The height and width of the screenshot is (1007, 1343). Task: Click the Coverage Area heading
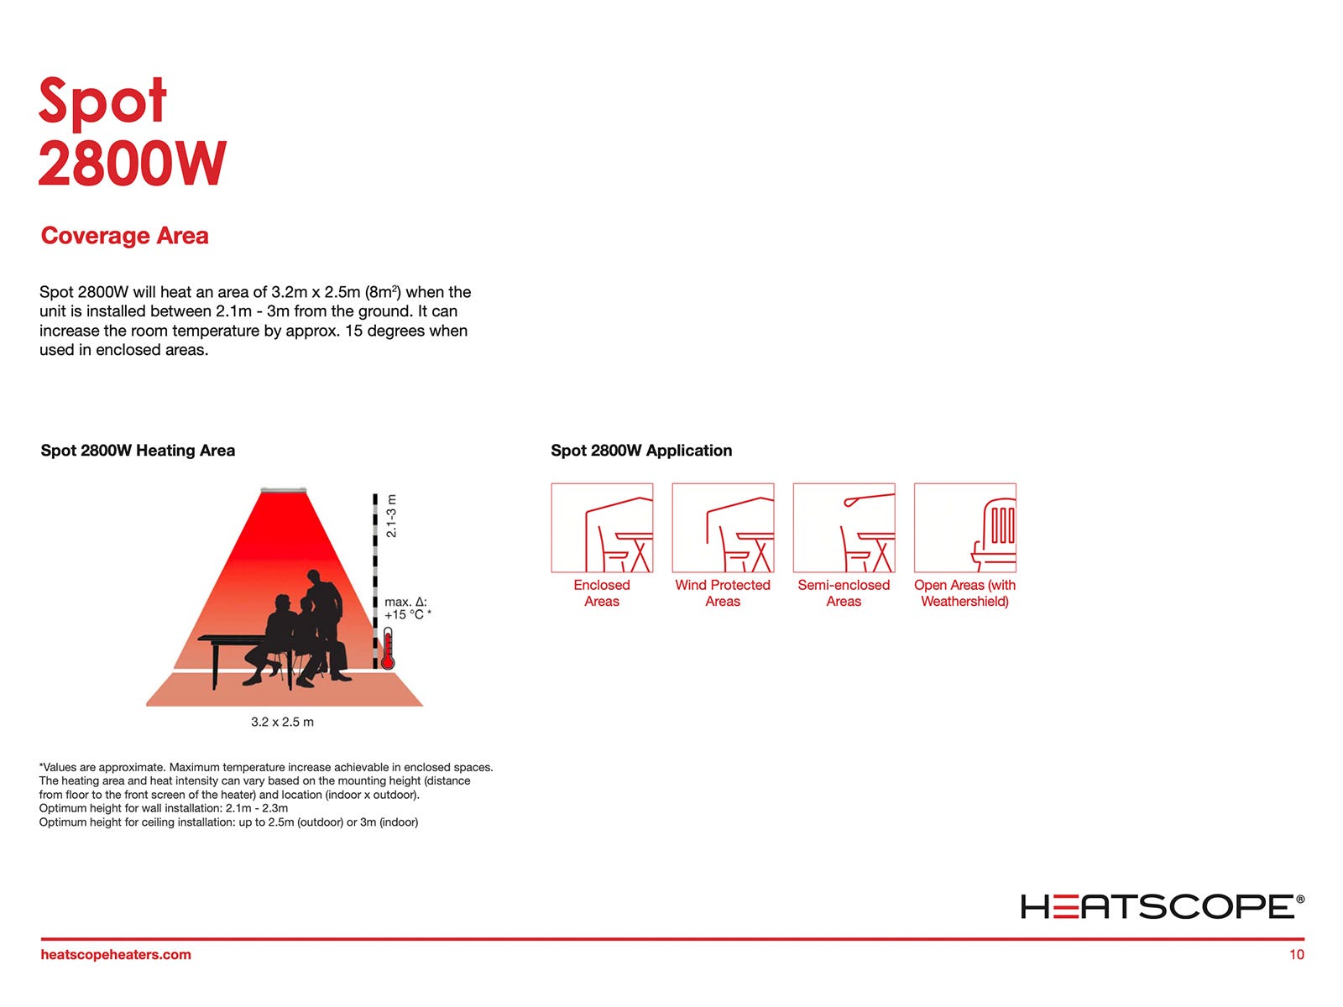coord(124,236)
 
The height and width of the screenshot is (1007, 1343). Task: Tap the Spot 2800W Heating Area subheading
coord(138,451)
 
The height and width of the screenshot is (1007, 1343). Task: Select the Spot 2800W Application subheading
coord(641,451)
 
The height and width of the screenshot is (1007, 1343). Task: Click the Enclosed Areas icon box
coord(602,528)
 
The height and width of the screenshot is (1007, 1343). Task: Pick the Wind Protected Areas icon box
coord(723,528)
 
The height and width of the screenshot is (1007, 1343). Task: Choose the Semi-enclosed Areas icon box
coord(844,528)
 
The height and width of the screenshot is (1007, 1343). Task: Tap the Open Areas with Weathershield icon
coord(965,528)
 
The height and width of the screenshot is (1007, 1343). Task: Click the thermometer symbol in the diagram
coord(387,649)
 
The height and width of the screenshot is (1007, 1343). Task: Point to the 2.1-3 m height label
coord(392,516)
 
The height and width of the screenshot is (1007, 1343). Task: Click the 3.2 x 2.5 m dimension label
coord(282,722)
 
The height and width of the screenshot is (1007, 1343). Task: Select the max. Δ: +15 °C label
coord(407,608)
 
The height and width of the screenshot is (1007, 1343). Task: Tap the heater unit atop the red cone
coord(283,490)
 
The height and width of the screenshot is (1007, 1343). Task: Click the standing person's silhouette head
coord(314,577)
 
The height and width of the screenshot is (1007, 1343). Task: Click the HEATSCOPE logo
coord(1162,906)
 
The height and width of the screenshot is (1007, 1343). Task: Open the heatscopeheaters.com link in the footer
coord(116,954)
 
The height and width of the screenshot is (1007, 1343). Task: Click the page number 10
coord(1297,954)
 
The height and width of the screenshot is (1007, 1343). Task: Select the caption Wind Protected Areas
coord(723,593)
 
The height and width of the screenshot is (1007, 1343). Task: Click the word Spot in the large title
coord(102,102)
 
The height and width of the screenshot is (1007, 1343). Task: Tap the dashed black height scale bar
coord(375,581)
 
